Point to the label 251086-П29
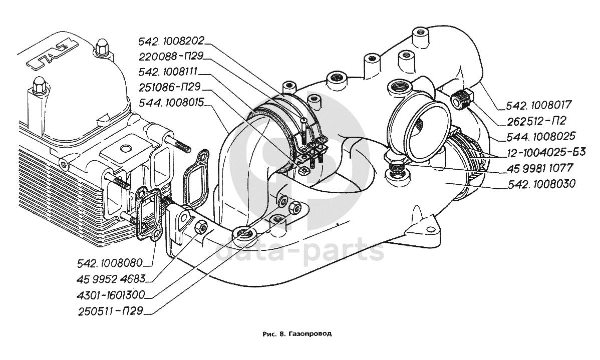[169, 88]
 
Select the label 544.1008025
[536, 136]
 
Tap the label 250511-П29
[111, 311]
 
